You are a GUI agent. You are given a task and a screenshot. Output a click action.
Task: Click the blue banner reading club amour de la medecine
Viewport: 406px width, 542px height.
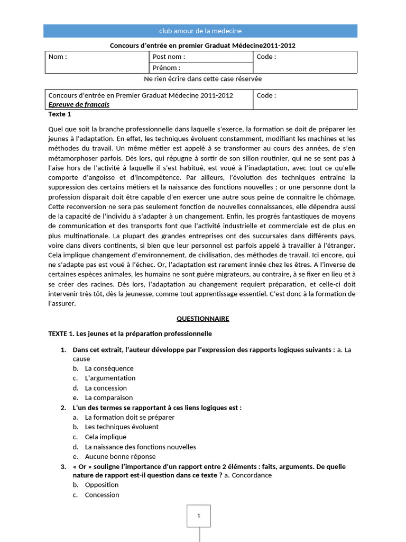[x=200, y=31]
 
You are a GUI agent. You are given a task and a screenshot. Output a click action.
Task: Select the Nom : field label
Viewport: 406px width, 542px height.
[x=58, y=57]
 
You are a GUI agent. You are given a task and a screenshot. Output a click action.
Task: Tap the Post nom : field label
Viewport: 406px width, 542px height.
[x=169, y=57]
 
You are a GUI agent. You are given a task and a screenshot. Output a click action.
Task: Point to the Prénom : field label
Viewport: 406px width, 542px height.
[x=166, y=68]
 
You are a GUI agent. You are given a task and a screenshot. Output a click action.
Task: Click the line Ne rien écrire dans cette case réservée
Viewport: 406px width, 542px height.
[x=202, y=79]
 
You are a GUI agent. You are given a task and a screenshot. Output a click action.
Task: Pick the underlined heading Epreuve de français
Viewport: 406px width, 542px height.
[x=75, y=105]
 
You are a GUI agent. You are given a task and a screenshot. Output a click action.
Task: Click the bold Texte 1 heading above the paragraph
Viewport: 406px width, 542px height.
[x=59, y=114]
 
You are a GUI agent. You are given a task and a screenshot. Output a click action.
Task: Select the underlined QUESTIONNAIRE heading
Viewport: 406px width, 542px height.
[x=202, y=319]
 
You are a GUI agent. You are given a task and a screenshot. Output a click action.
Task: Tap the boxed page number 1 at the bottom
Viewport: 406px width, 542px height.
[x=198, y=516]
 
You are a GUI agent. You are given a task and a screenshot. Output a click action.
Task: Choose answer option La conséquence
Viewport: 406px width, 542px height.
[x=109, y=368]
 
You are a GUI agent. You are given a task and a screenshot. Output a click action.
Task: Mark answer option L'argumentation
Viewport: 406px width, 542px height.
[x=110, y=378]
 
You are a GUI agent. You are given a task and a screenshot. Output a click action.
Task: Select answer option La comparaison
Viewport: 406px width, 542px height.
[x=109, y=398]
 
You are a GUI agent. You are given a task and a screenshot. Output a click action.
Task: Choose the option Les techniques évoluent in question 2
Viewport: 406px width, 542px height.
[x=122, y=427]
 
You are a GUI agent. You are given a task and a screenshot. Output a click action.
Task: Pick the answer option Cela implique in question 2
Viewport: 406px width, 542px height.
[x=105, y=437]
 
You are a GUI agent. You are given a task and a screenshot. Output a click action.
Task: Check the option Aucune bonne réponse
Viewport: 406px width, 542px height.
[x=120, y=456]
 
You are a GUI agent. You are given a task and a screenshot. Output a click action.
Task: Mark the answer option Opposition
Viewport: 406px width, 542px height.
[x=101, y=485]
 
